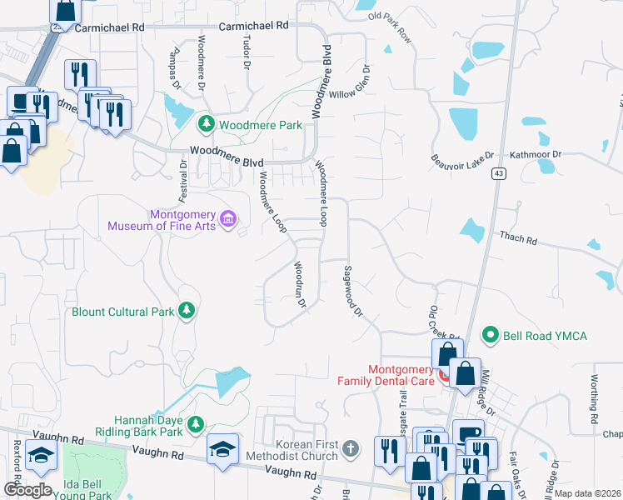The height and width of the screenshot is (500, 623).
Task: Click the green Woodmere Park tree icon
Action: click(206, 125)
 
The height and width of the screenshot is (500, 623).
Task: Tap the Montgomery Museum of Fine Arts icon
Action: click(227, 220)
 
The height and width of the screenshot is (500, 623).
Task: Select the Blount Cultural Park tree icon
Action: click(187, 312)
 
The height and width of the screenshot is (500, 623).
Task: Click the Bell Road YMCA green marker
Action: click(491, 336)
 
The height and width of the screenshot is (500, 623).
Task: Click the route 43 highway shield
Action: click(498, 172)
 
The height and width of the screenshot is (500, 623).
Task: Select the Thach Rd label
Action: click(518, 238)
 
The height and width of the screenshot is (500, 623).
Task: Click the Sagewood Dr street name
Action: click(353, 291)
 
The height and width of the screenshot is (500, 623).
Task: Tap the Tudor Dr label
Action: click(247, 51)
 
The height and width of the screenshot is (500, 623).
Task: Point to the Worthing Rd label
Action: click(594, 397)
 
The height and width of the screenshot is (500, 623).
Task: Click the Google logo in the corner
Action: click(27, 490)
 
